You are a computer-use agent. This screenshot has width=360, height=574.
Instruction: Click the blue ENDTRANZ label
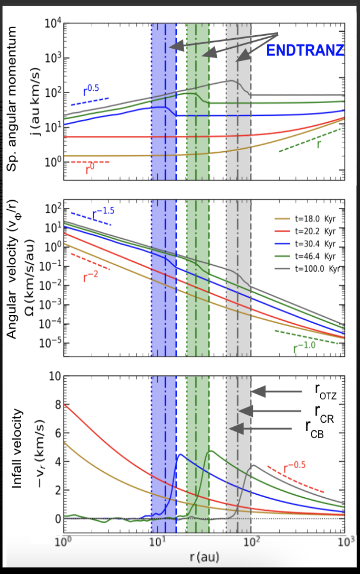click(305, 50)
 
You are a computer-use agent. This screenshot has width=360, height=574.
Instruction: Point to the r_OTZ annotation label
click(325, 391)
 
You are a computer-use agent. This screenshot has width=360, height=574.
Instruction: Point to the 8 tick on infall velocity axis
click(56, 405)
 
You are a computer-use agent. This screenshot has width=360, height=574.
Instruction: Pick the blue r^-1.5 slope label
click(104, 214)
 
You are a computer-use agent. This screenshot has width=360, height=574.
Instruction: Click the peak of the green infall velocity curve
click(211, 451)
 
